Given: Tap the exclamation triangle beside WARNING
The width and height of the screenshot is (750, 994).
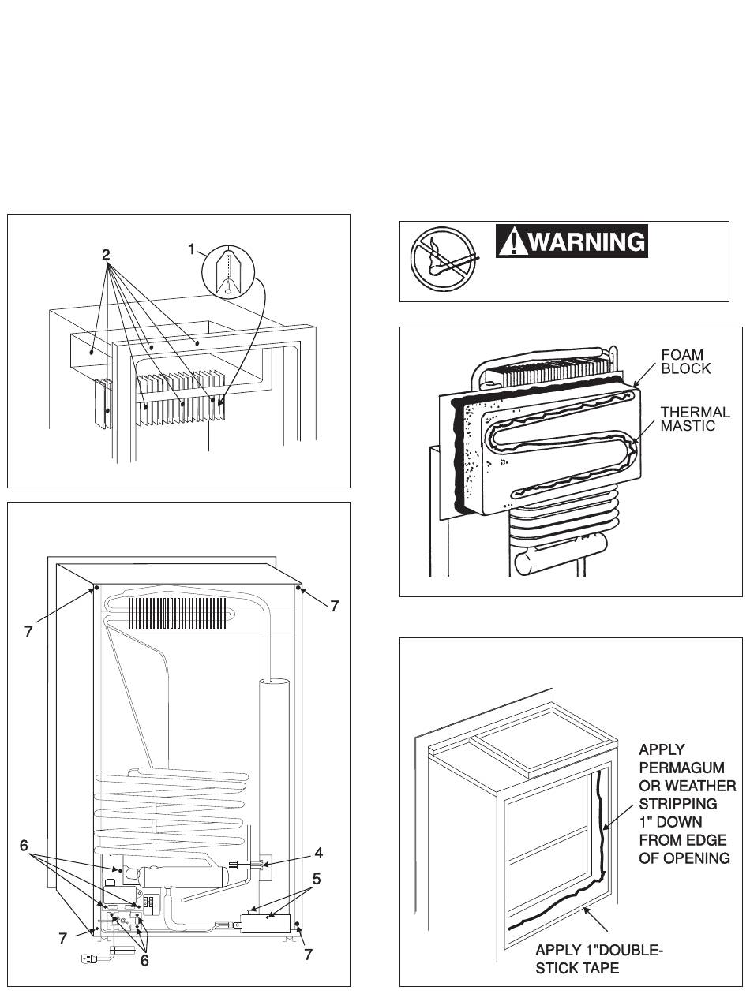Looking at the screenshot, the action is pyautogui.click(x=513, y=241).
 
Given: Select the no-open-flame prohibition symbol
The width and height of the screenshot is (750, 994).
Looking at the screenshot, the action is pyautogui.click(x=444, y=260).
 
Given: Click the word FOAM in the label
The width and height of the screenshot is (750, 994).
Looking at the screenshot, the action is pyautogui.click(x=682, y=354).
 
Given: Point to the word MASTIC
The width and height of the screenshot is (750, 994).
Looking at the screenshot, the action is pyautogui.click(x=688, y=426).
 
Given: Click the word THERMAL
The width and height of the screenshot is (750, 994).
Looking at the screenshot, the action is pyautogui.click(x=696, y=412).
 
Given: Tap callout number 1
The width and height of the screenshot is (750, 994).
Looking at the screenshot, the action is pyautogui.click(x=192, y=249).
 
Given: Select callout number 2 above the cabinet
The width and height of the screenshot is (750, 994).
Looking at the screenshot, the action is pyautogui.click(x=106, y=255).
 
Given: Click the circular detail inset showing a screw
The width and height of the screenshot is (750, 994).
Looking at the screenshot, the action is pyautogui.click(x=228, y=271).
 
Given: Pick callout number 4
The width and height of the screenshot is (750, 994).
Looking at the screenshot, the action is pyautogui.click(x=319, y=853).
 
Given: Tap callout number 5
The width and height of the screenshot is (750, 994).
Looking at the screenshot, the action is pyautogui.click(x=317, y=879).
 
